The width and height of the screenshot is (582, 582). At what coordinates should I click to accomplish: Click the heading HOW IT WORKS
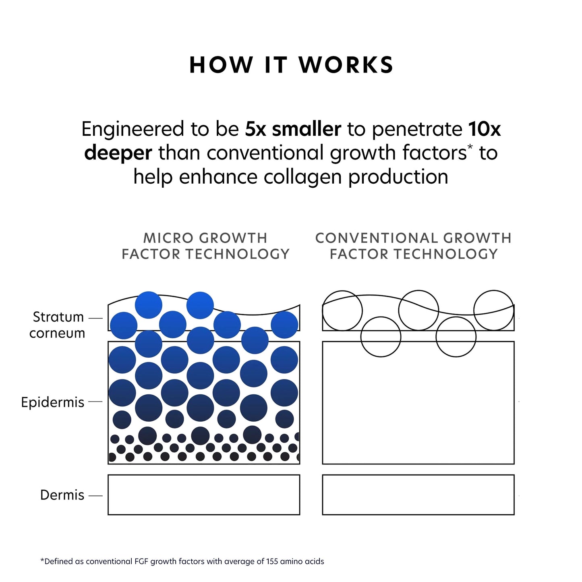click(291, 65)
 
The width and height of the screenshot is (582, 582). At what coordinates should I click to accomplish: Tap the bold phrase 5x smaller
click(293, 129)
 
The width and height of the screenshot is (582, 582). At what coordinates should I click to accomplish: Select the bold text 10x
click(484, 129)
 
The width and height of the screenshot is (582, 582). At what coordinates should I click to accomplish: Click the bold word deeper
click(118, 153)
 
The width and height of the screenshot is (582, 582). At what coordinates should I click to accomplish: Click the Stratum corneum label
click(58, 325)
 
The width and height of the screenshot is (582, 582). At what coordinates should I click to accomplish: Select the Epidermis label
click(53, 402)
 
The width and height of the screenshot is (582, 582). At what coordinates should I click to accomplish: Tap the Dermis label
click(62, 495)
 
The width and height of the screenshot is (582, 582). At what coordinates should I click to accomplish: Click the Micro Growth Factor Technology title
click(205, 246)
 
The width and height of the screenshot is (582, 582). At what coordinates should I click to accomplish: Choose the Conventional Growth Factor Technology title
click(413, 246)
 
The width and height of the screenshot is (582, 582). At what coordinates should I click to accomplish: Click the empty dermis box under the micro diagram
click(204, 495)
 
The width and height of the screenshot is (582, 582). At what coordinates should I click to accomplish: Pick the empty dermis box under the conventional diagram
click(418, 495)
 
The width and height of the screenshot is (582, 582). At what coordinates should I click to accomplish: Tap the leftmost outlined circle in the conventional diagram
click(342, 311)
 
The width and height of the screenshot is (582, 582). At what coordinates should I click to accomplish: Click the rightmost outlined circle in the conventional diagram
click(494, 310)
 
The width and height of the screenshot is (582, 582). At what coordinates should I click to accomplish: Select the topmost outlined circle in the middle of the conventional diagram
click(418, 310)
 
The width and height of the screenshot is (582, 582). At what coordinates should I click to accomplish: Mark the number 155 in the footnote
click(272, 561)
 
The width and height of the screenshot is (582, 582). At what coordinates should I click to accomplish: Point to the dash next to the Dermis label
click(95, 496)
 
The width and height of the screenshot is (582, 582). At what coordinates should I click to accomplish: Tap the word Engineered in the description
click(133, 129)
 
